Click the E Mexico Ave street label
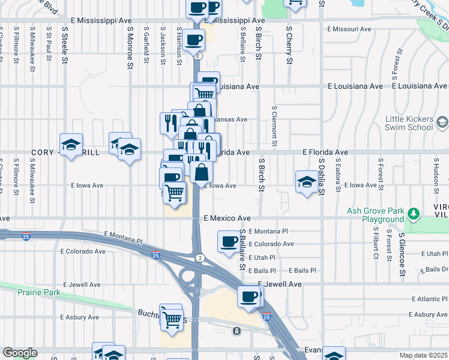point(226,218)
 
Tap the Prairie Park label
point(23,292)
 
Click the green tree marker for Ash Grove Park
point(413,214)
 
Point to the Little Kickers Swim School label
point(409,123)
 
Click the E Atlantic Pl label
point(430,299)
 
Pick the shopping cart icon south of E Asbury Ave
point(172,318)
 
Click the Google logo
point(20,353)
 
